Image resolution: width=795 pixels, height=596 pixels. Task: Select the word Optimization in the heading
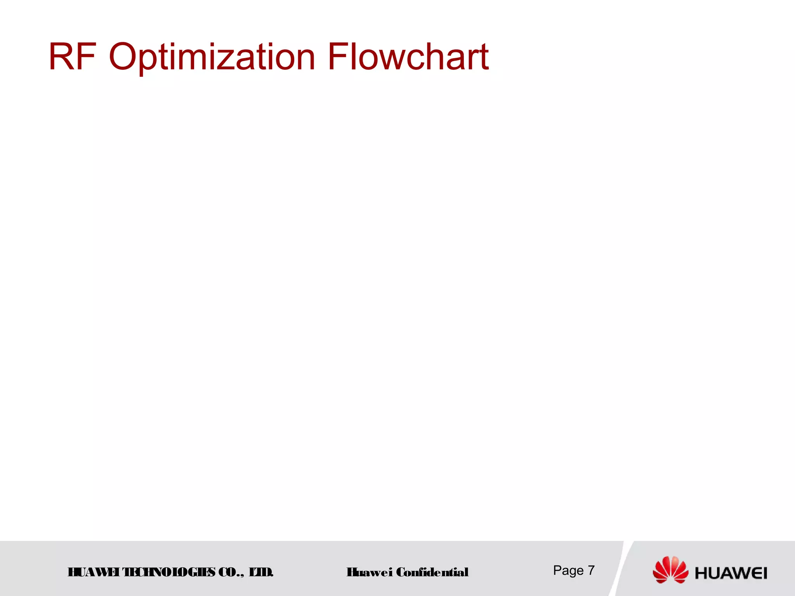pos(212,57)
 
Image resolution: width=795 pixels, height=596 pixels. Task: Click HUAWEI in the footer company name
pos(93,572)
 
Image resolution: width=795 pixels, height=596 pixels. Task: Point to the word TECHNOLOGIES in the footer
pos(169,572)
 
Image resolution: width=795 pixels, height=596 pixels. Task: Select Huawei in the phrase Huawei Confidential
pos(370,572)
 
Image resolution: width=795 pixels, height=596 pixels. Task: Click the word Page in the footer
pos(568,570)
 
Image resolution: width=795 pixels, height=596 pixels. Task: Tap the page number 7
pos(591,570)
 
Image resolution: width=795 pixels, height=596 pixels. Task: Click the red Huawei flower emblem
pos(670,570)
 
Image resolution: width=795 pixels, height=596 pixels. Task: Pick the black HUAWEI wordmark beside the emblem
pos(731,573)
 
